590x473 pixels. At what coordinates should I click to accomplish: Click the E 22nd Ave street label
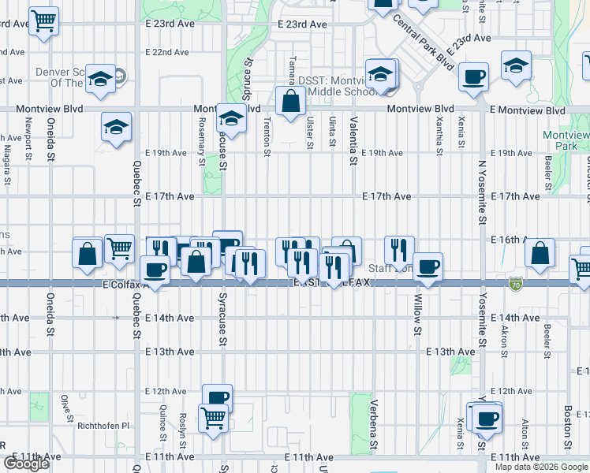(x=167, y=52)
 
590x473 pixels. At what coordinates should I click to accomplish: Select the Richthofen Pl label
(x=103, y=426)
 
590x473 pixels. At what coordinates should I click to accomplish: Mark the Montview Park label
(x=566, y=140)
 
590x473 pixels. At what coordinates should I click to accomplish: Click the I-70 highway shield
(x=515, y=282)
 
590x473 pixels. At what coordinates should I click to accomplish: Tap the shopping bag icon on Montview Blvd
(x=291, y=101)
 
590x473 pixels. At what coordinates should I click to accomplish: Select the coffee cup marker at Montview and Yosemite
(x=473, y=77)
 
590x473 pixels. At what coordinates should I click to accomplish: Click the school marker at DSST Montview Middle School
(x=382, y=74)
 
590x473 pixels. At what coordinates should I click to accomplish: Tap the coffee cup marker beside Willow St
(x=428, y=266)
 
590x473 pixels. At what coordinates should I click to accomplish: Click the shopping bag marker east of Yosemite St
(x=540, y=253)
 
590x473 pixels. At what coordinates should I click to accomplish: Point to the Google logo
(x=26, y=464)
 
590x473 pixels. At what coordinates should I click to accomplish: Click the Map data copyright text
(x=541, y=467)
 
